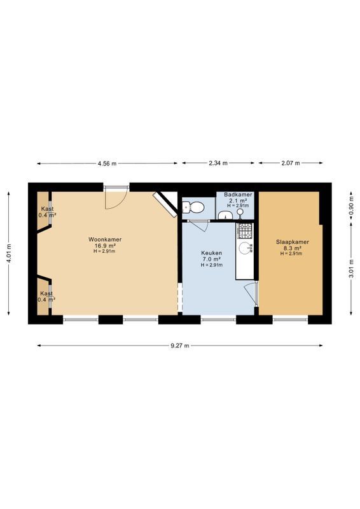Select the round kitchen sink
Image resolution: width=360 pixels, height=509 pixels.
tap(244, 249)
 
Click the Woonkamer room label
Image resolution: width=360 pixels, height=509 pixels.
tap(105, 240)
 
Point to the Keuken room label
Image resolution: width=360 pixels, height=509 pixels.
tap(212, 253)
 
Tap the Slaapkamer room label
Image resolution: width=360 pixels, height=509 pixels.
tap(292, 242)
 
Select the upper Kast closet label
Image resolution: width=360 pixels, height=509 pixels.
tap(47, 209)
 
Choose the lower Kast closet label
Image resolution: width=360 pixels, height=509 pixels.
tap(47, 293)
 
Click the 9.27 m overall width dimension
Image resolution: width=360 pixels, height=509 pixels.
tap(181, 345)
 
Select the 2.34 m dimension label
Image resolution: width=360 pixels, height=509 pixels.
tap(219, 164)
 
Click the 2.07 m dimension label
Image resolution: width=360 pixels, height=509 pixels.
tap(290, 164)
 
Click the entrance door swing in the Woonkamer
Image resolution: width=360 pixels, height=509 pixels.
tap(115, 199)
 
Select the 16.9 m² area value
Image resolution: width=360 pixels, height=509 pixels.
tap(105, 246)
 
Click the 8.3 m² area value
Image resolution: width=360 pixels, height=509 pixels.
tap(292, 248)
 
